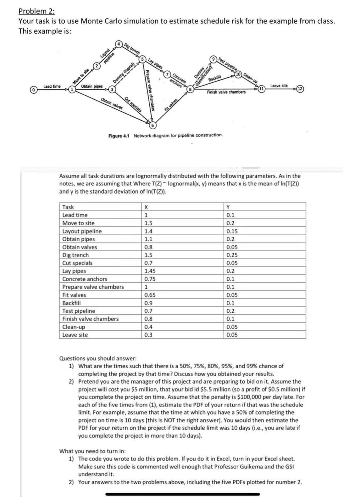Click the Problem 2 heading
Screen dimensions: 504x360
(x=37, y=11)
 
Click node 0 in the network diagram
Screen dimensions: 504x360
(x=33, y=90)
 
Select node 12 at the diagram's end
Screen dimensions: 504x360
(x=300, y=89)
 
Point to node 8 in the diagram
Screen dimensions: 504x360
(x=190, y=89)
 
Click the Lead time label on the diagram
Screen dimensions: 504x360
(x=52, y=86)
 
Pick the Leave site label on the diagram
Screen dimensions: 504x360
(x=279, y=85)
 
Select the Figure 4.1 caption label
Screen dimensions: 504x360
(x=119, y=136)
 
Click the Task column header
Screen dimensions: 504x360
(x=68, y=207)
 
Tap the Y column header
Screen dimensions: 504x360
(x=228, y=207)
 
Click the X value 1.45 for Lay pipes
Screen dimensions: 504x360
(x=150, y=271)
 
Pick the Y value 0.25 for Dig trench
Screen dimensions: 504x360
(x=232, y=255)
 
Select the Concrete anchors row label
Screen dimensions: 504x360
(x=85, y=279)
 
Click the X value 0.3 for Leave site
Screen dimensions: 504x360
(x=148, y=335)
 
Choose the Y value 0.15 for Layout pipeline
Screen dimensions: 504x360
(x=232, y=231)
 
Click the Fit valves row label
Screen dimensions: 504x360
(x=74, y=295)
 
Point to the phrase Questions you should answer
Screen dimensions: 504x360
(x=98, y=358)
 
